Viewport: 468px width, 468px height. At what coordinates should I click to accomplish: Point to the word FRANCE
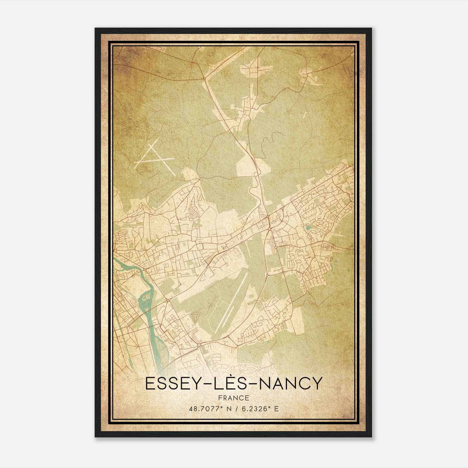pos(234,398)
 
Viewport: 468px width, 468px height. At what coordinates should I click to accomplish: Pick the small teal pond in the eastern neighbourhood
pos(308,227)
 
